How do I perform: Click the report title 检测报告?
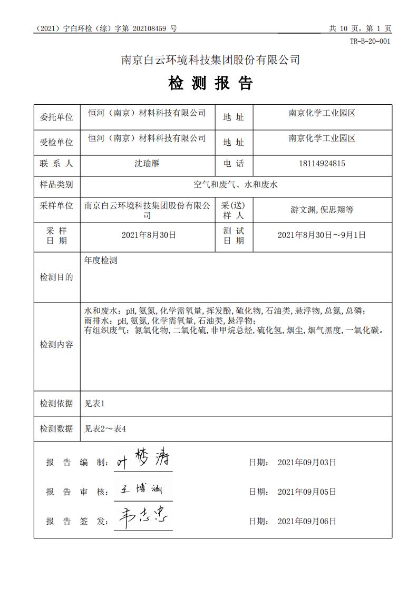(x=210, y=83)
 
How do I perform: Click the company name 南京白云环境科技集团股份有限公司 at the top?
(x=210, y=60)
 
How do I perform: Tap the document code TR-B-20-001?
(x=371, y=42)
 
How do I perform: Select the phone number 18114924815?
(x=322, y=164)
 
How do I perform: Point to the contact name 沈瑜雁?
(x=147, y=164)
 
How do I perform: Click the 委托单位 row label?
(x=56, y=117)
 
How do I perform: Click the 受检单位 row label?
(x=56, y=142)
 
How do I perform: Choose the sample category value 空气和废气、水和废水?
(x=236, y=185)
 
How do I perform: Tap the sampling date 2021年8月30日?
(x=149, y=235)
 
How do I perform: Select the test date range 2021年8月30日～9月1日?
(x=322, y=235)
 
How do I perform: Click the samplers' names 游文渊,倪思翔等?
(x=322, y=210)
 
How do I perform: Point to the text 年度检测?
(x=101, y=261)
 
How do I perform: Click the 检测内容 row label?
(x=56, y=345)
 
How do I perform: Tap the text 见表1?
(x=95, y=404)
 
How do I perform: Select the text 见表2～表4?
(x=105, y=429)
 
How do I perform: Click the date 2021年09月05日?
(x=307, y=492)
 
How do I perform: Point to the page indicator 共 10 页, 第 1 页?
(x=360, y=29)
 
